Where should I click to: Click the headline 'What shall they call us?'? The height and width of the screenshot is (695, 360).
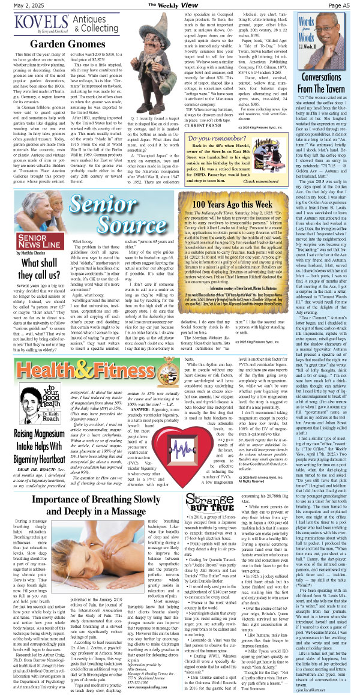32,255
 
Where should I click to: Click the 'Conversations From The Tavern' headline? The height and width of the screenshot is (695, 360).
330,85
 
